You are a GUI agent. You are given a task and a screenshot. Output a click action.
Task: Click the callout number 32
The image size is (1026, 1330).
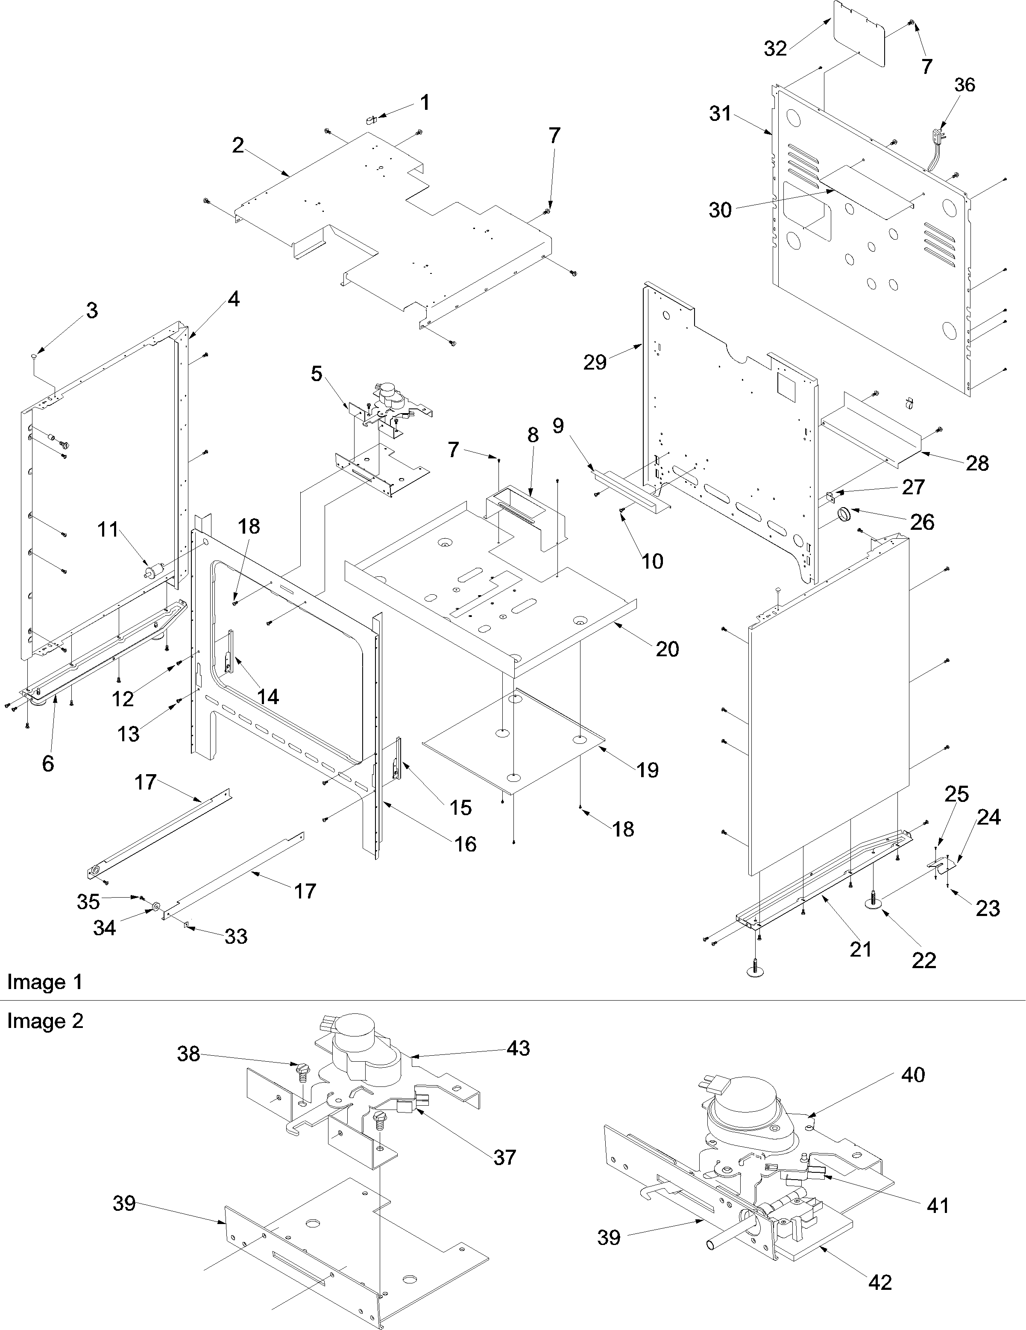click(775, 48)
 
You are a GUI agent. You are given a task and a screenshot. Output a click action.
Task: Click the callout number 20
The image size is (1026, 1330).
click(667, 649)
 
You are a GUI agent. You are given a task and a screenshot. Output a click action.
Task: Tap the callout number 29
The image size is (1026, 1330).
click(595, 362)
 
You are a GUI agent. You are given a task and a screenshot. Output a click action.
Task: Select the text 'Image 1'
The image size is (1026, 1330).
click(44, 982)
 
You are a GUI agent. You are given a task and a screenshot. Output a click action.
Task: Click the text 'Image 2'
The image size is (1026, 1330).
click(44, 1021)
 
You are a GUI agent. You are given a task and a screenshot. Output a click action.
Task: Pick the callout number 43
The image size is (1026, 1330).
click(518, 1048)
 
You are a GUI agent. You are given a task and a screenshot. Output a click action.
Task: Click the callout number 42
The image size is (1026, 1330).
click(880, 1283)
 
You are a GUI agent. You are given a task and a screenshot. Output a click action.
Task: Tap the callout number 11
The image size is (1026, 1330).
click(108, 530)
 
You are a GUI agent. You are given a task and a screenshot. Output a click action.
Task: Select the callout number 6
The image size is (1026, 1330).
click(48, 763)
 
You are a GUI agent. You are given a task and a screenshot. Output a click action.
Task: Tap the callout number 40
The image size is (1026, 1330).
click(913, 1075)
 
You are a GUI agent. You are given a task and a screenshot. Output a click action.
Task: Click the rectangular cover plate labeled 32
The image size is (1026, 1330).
click(859, 33)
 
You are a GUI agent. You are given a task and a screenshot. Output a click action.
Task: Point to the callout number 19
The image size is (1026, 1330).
click(648, 770)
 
